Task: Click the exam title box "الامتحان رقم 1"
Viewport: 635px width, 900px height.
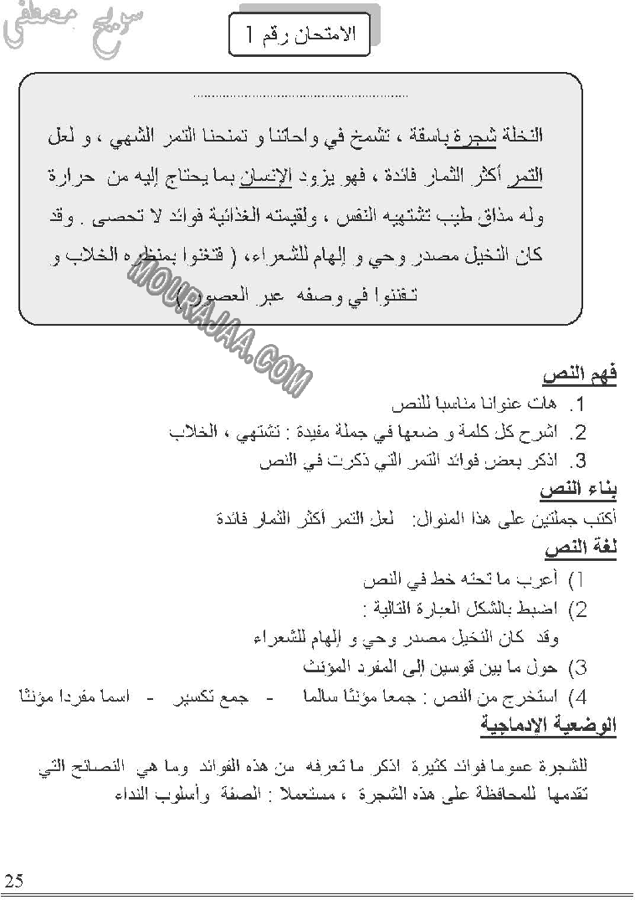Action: (x=304, y=34)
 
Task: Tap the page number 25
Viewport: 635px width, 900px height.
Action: (x=13, y=880)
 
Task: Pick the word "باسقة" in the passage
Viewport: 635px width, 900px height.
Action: (x=436, y=136)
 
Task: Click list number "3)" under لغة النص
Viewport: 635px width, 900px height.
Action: (x=577, y=668)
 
